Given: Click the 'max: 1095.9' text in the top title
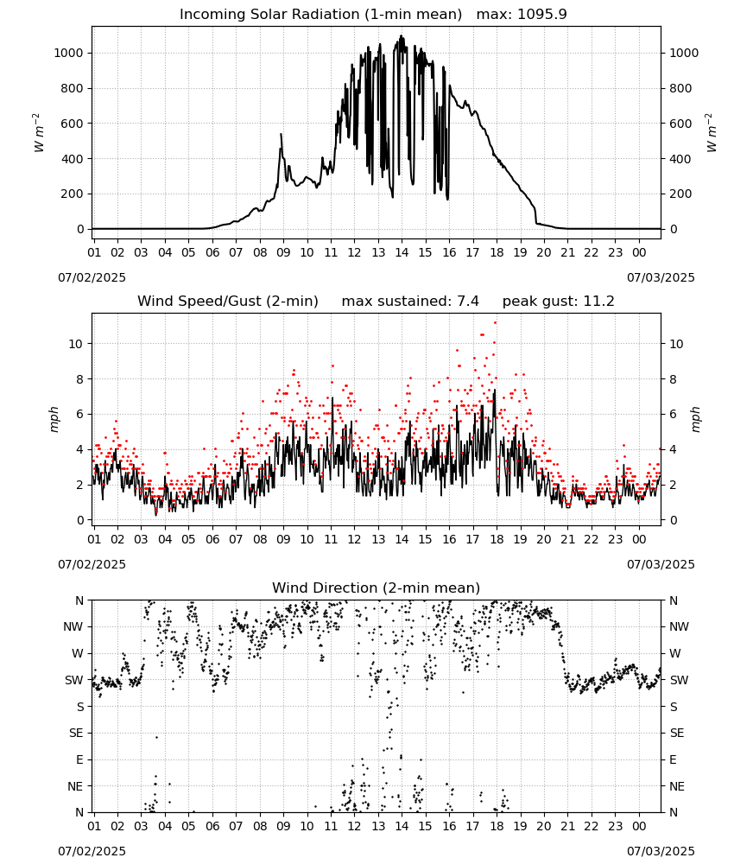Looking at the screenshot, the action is pos(521,15).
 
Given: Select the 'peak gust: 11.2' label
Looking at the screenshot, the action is pos(558,301).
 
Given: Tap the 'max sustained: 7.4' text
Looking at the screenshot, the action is pos(410,301).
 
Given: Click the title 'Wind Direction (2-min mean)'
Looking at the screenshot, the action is pos(376,588).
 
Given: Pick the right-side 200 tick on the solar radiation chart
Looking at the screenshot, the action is pos(680,194).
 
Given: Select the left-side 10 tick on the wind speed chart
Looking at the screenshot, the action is pos(76,344).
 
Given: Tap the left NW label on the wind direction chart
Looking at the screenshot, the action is pos(73,626).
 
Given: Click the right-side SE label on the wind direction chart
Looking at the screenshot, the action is pos(677,733).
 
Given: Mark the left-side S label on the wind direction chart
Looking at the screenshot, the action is pos(80,707).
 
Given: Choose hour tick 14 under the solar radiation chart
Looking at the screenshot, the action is pos(402,252).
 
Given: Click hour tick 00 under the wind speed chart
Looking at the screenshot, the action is pos(639,539).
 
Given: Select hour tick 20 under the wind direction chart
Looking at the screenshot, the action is pos(544,826).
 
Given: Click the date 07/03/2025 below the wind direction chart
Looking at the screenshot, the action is pos(661,851).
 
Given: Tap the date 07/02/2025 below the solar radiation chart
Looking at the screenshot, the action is pos(92,277).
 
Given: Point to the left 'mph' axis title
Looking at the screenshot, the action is pos(54,419).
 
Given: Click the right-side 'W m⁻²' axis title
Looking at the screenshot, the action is pos(711,132).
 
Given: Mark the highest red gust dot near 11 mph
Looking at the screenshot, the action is pos(495,322).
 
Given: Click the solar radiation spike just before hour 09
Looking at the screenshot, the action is pos(281,135).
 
